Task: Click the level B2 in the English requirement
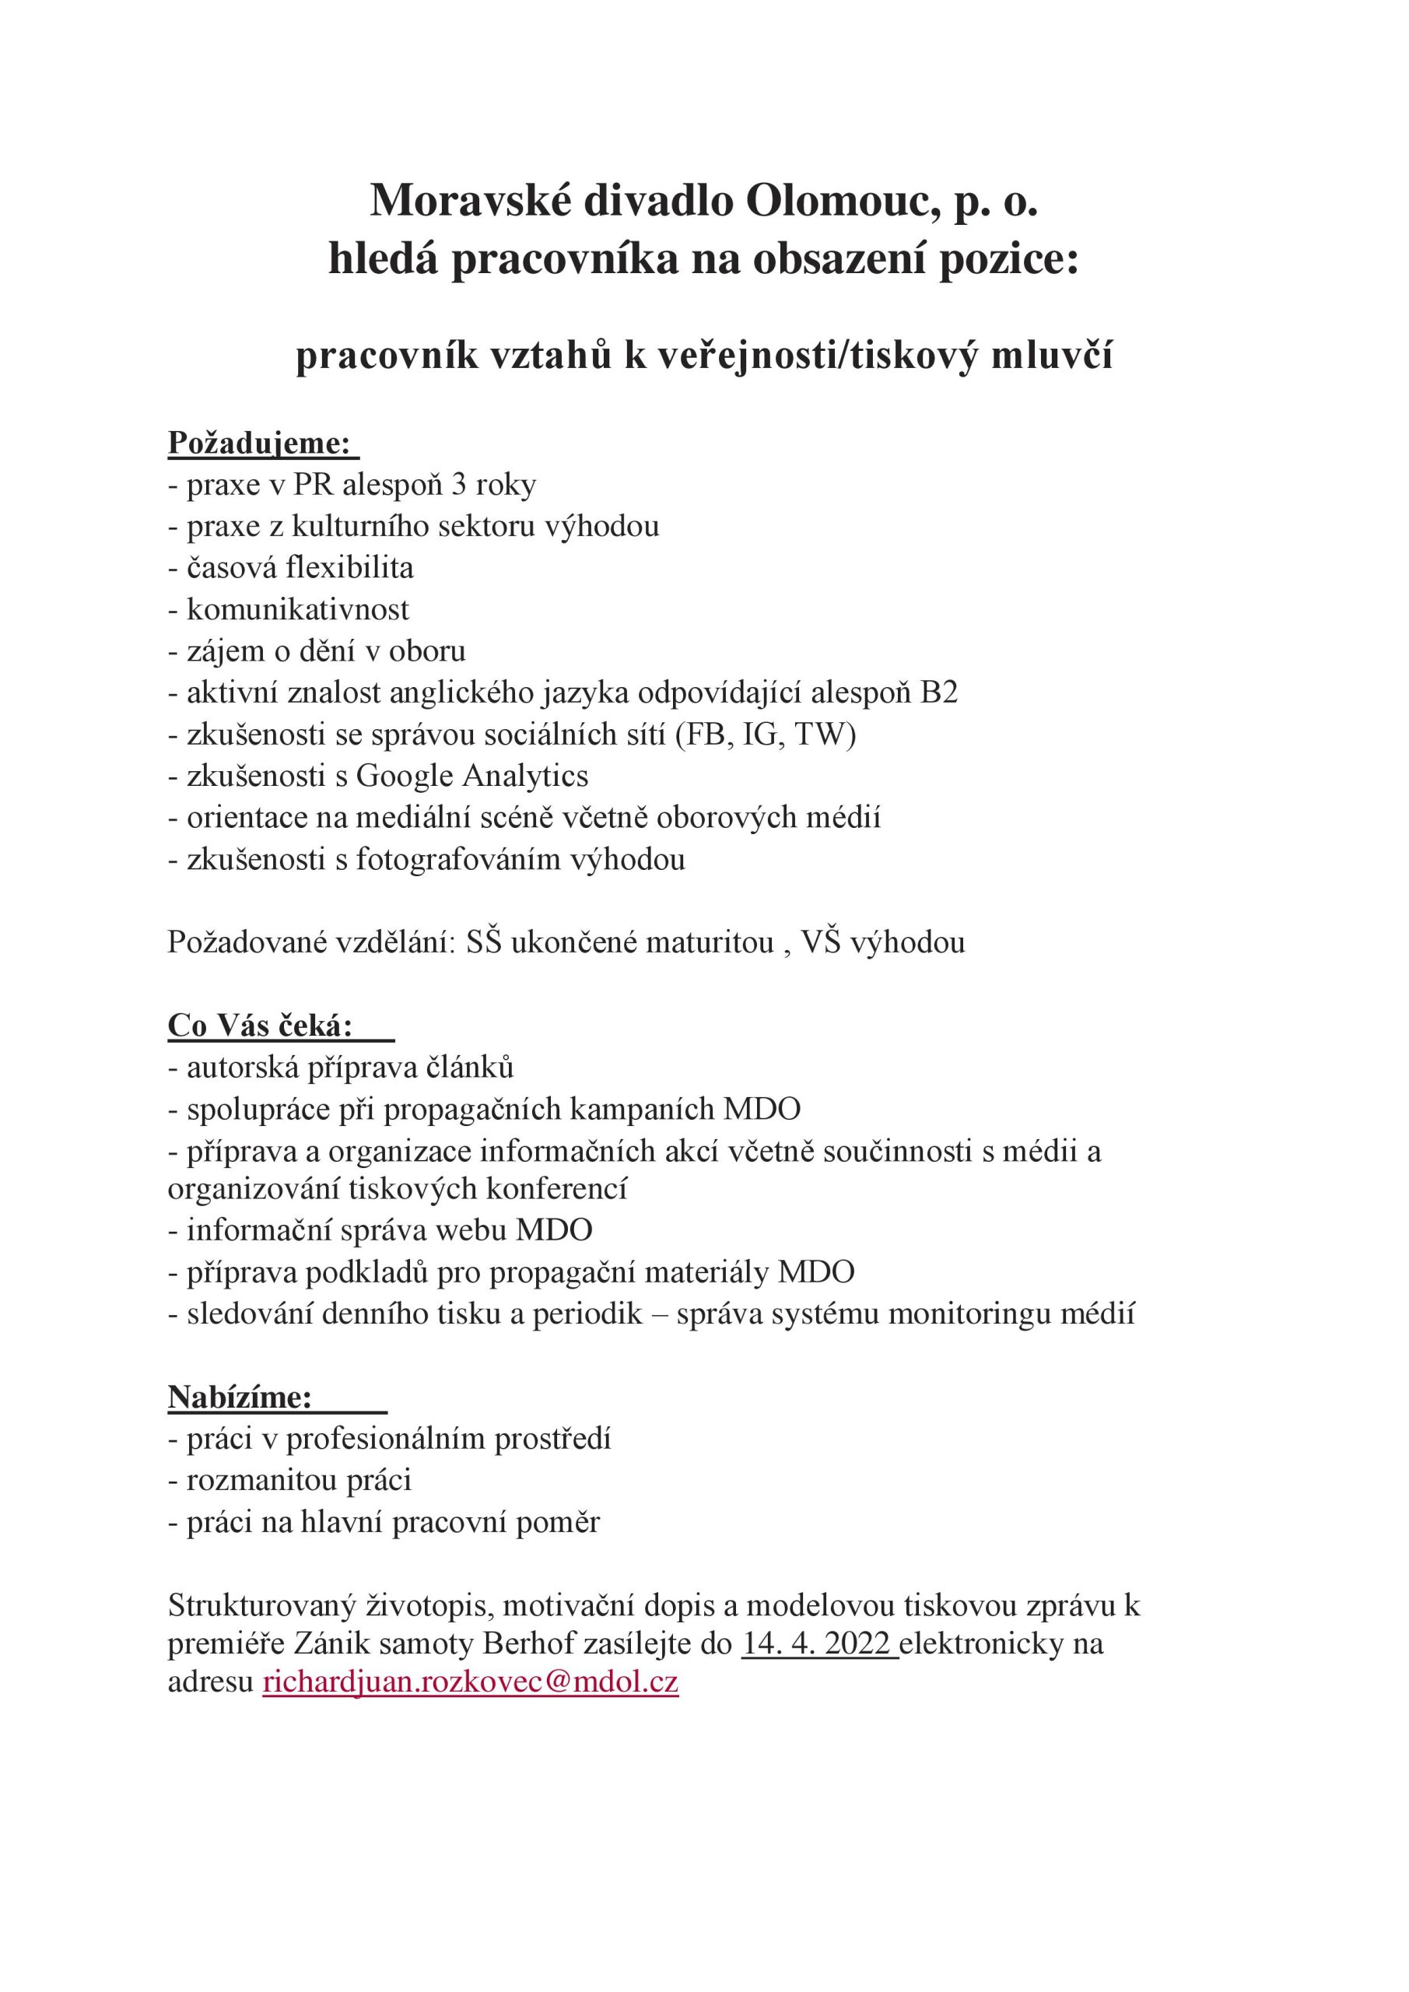(940, 693)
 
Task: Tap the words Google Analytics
(472, 776)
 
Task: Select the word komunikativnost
(297, 609)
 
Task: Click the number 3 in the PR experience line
(458, 484)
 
